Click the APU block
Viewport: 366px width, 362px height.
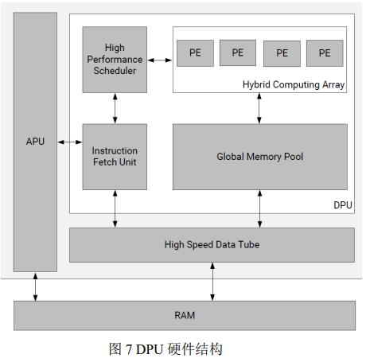pos(35,142)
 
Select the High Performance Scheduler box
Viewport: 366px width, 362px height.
pos(115,60)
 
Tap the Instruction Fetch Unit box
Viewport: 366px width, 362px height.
pos(115,157)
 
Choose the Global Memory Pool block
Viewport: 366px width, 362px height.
pos(260,157)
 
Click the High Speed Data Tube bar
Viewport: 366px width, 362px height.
pos(212,245)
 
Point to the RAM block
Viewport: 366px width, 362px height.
pos(185,315)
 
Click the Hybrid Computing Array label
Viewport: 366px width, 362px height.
pos(294,84)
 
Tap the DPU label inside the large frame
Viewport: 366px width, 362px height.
pos(343,205)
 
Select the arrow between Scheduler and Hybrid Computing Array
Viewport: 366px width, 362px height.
pos(160,60)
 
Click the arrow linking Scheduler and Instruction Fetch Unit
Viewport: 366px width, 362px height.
pos(115,108)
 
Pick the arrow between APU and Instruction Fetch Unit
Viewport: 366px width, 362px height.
pos(70,142)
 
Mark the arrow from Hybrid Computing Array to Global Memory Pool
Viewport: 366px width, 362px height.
pos(259,108)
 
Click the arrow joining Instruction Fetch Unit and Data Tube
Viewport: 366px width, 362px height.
pos(115,208)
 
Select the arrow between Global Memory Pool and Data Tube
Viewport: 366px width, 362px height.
pos(259,208)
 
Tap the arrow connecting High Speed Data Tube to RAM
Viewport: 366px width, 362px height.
pos(212,282)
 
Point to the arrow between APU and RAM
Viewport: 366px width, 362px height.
pos(35,286)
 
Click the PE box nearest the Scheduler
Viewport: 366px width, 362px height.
pos(195,53)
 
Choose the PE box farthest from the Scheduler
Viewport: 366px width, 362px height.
pos(325,53)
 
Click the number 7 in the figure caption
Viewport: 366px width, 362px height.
pos(129,349)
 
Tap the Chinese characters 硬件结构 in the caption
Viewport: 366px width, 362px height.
pos(195,349)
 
